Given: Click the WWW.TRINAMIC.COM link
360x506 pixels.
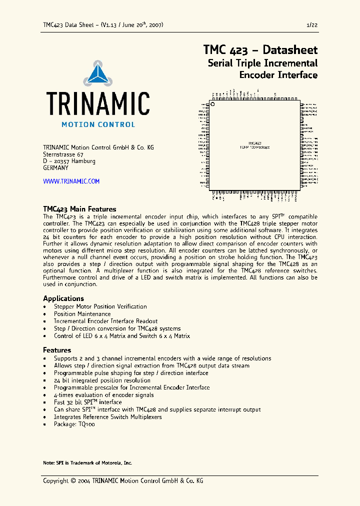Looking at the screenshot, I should point(71,181).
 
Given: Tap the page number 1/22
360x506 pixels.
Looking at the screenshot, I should point(311,25).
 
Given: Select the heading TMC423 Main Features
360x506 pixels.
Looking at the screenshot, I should point(79,209).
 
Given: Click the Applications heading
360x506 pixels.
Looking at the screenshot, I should point(63,298).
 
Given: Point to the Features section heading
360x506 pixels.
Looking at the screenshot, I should point(57,350).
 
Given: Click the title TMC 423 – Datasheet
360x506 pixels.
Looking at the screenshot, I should point(260,50).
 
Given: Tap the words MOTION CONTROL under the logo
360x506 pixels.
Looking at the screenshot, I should point(98,124).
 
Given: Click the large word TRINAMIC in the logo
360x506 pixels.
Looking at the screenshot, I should point(98,104).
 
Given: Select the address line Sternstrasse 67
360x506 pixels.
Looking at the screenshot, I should point(63,154).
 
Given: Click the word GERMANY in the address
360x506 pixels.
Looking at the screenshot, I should point(55,168).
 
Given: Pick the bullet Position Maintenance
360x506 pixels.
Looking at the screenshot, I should point(82,314).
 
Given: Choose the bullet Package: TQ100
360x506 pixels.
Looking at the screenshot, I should point(74,424).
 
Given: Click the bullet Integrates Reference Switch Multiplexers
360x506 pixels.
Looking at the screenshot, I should point(107,417).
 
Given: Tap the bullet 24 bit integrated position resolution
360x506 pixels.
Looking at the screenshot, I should point(102,380).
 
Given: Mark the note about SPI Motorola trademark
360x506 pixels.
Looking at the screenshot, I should point(87,463).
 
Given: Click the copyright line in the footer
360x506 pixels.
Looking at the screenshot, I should point(123,481).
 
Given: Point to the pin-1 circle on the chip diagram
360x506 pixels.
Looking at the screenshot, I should point(212,104).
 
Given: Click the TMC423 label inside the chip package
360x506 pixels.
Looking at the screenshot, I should point(254,143).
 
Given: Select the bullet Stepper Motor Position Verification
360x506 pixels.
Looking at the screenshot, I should point(100,306).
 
